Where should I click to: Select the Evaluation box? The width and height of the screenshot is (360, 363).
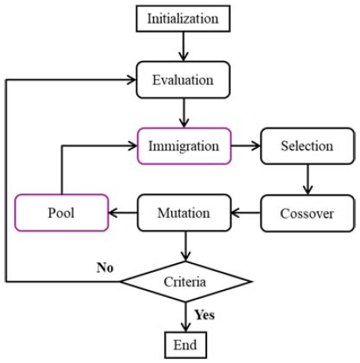pyautogui.click(x=186, y=80)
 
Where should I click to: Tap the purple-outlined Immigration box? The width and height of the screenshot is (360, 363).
pyautogui.click(x=185, y=146)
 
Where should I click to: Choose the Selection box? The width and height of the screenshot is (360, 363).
pyautogui.click(x=306, y=146)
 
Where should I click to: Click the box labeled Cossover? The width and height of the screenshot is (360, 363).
pyautogui.click(x=306, y=213)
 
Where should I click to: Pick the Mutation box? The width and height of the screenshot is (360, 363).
pyautogui.click(x=185, y=213)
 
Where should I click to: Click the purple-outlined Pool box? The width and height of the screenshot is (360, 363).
pyautogui.click(x=61, y=213)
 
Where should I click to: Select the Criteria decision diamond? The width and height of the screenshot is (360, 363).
pyautogui.click(x=186, y=281)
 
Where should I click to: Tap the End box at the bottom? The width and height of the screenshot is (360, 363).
pyautogui.click(x=186, y=345)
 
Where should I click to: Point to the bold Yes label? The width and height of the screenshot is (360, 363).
pyautogui.click(x=204, y=314)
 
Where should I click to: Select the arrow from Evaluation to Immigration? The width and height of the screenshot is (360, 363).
pyautogui.click(x=186, y=113)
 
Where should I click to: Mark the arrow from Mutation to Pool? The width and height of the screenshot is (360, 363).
pyautogui.click(x=123, y=213)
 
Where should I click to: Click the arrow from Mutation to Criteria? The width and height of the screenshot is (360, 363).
pyautogui.click(x=186, y=246)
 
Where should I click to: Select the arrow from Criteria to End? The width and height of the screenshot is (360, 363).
pyautogui.click(x=186, y=317)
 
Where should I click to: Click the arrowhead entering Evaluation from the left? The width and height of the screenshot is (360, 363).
pyautogui.click(x=132, y=80)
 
